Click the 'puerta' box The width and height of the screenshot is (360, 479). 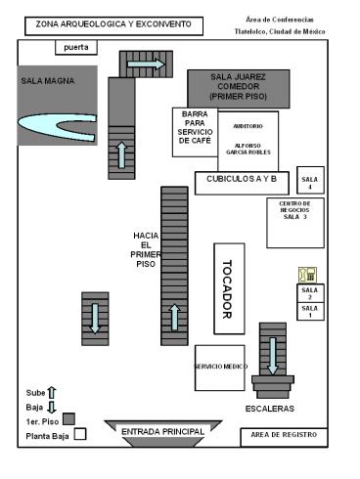click(76, 48)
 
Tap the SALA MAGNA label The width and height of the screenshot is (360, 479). click(48, 81)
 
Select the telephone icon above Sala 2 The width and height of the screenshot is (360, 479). click(307, 275)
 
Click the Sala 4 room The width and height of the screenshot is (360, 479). click(310, 180)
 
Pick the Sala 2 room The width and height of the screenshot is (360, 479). click(310, 293)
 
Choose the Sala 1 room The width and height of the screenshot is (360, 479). click(310, 312)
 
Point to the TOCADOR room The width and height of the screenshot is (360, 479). click(229, 288)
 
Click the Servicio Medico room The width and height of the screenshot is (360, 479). click(220, 368)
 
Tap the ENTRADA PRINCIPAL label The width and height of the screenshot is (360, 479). click(162, 432)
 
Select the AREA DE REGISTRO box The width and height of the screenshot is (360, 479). click(284, 437)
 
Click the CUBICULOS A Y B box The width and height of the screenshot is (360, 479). click(242, 183)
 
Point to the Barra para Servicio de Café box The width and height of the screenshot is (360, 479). click(195, 132)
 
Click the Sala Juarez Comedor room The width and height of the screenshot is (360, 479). click(239, 89)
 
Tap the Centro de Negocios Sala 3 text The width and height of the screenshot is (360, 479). click(294, 210)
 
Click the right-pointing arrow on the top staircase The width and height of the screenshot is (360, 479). click(146, 64)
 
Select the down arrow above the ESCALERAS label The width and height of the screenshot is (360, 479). click(273, 356)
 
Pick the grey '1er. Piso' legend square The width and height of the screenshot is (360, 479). click(68, 419)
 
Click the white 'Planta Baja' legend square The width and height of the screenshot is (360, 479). click(80, 434)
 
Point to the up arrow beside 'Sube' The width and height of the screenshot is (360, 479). click(52, 393)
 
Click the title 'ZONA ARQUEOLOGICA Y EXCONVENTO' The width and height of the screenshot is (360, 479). click(113, 24)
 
